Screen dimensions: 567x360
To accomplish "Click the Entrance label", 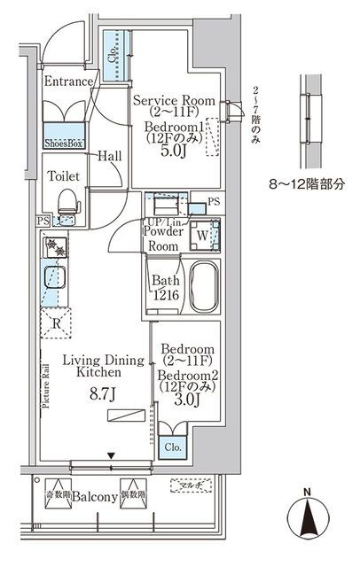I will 68,82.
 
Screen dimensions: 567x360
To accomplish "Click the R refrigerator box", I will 58,323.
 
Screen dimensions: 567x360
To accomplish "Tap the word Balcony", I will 96,498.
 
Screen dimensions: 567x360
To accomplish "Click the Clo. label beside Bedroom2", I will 170,447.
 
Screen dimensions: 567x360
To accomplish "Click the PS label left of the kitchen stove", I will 43,221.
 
